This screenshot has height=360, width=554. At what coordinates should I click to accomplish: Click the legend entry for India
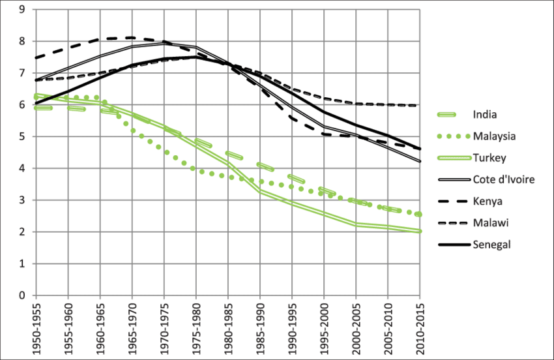[485, 115]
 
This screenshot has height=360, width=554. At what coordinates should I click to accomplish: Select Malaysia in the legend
[495, 137]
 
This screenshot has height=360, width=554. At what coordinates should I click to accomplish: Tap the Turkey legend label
[489, 158]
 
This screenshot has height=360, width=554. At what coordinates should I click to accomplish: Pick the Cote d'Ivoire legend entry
[503, 179]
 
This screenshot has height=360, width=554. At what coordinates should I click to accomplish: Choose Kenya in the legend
[487, 201]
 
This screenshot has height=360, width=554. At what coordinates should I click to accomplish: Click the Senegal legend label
[493, 244]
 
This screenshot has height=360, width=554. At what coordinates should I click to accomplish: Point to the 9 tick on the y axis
[22, 10]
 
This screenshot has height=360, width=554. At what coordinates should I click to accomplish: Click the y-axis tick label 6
[22, 105]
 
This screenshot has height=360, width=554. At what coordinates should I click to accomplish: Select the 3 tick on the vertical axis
[22, 200]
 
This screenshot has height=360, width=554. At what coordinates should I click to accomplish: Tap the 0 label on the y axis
[22, 295]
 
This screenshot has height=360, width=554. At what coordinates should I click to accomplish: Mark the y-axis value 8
[22, 42]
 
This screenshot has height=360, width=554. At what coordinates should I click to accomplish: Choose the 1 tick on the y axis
[22, 263]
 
